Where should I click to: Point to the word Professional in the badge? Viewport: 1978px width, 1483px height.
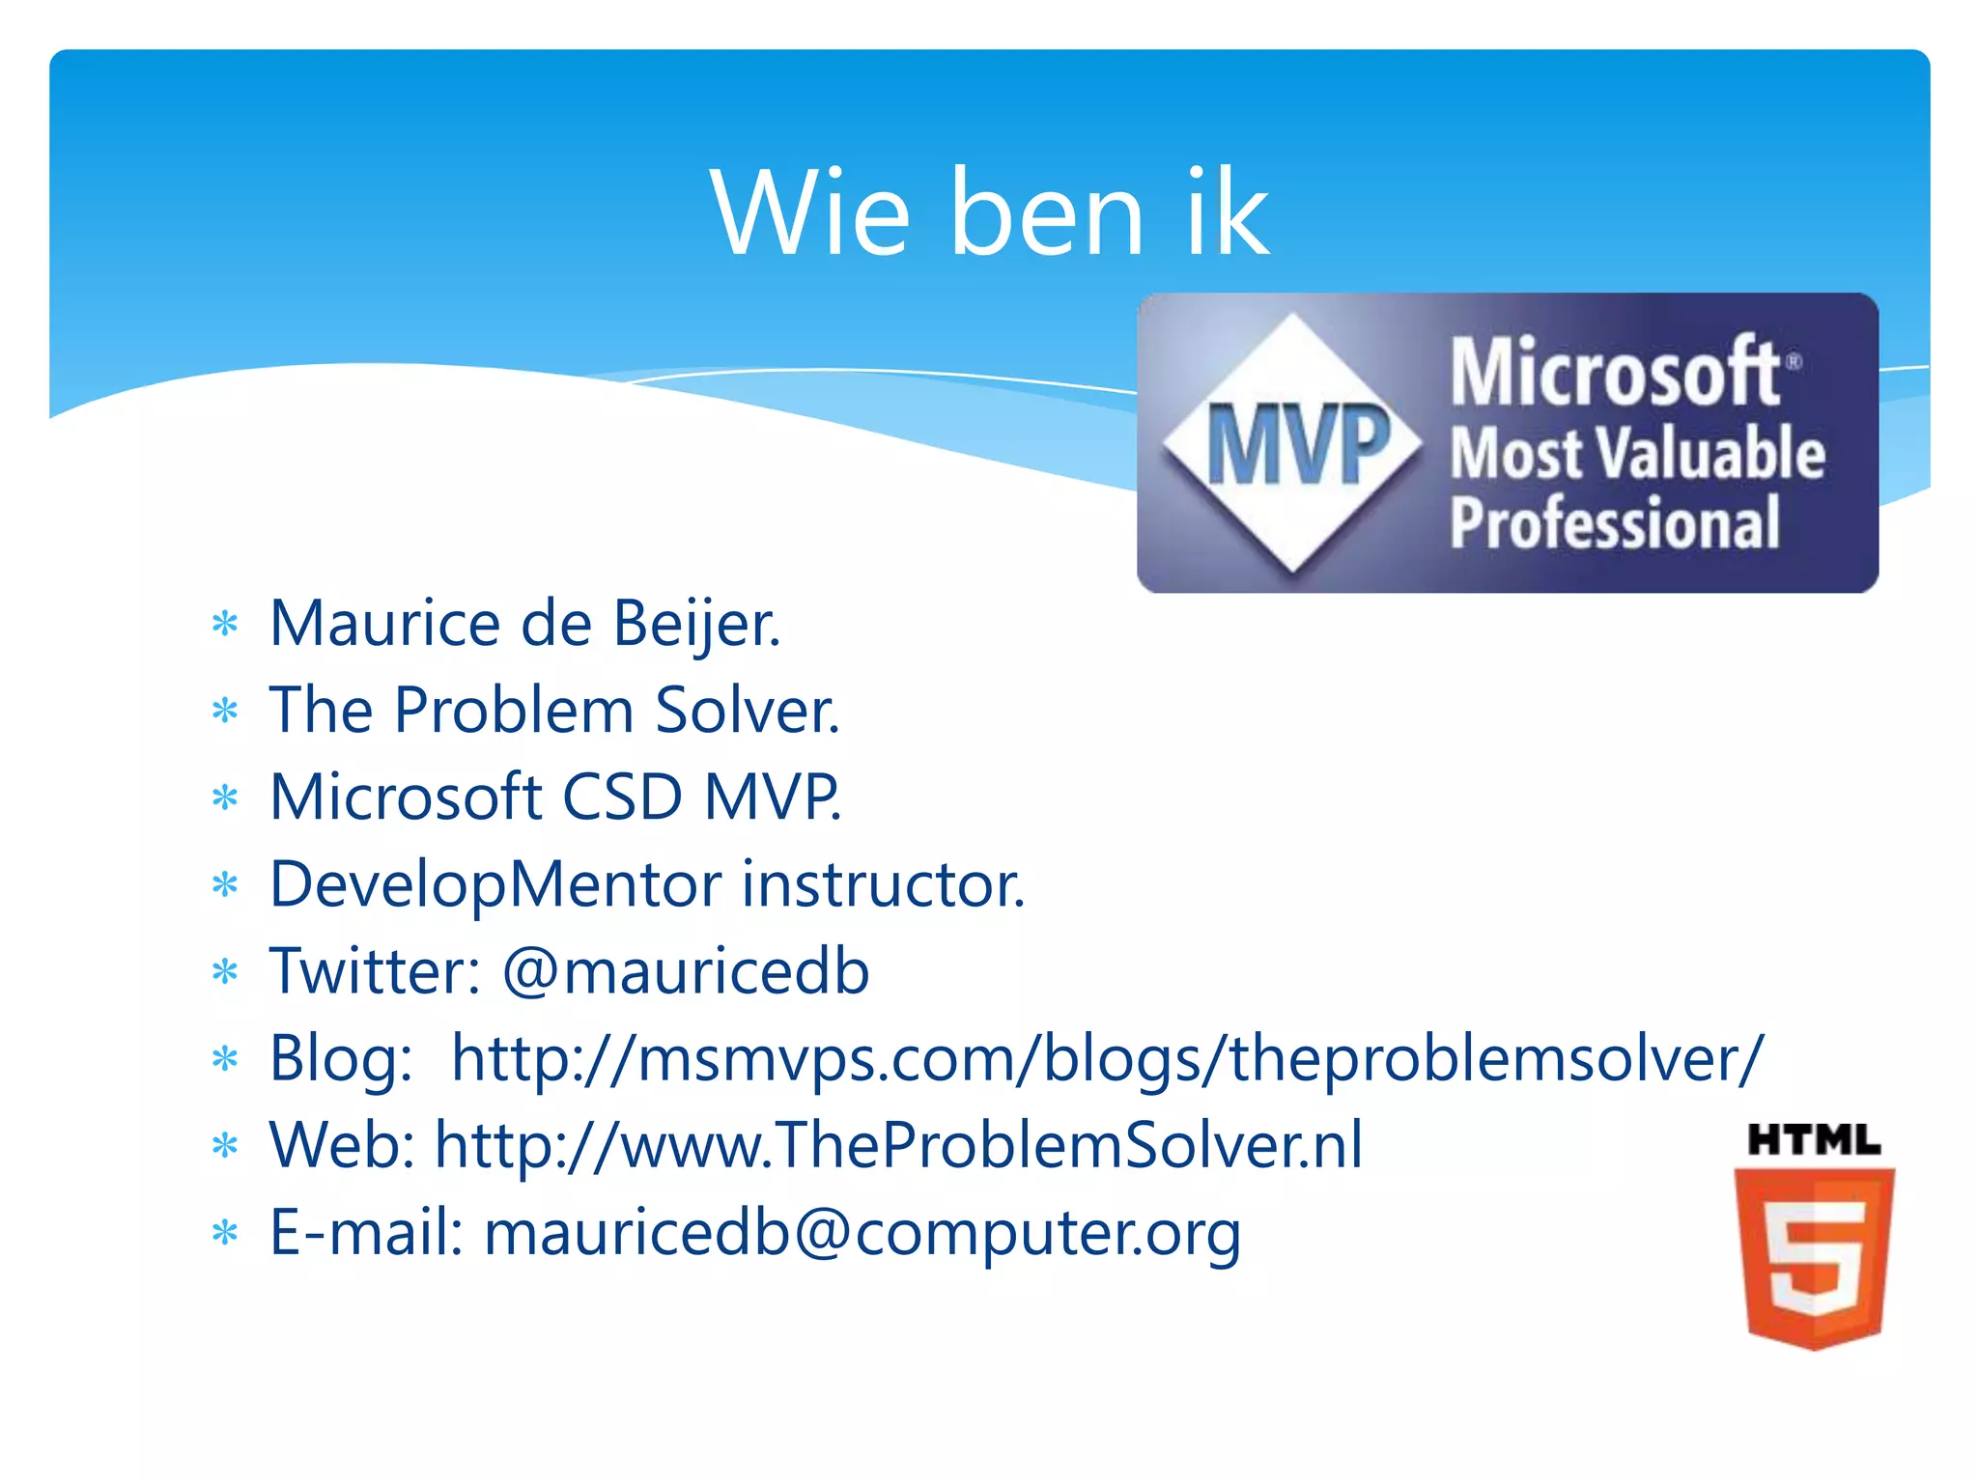[x=1615, y=522]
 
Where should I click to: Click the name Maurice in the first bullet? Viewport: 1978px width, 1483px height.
[x=385, y=624]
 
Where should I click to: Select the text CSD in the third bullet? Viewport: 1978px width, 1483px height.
[x=622, y=797]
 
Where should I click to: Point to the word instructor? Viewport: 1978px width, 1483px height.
[x=883, y=884]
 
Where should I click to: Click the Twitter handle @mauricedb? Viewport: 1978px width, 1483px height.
[x=686, y=971]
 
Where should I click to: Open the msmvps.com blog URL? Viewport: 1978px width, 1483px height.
[x=1107, y=1059]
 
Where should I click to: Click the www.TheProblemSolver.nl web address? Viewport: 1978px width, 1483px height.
[x=898, y=1146]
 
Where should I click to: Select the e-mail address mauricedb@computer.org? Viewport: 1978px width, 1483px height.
[x=862, y=1234]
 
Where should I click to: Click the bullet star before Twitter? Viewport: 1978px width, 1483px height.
[x=225, y=971]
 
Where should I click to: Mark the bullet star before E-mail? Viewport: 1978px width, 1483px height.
[x=225, y=1233]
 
